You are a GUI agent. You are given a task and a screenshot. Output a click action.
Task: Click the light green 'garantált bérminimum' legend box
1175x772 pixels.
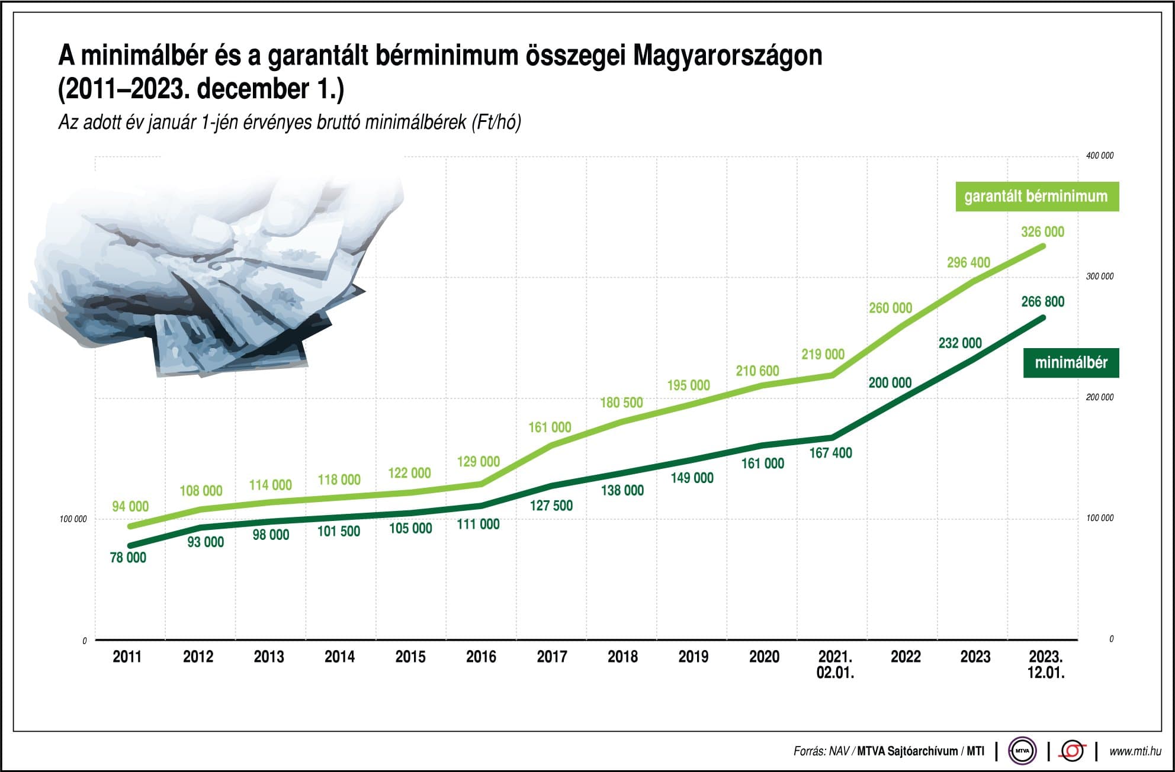[1036, 197]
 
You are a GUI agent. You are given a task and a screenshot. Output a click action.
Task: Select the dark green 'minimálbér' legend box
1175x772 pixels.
[1071, 362]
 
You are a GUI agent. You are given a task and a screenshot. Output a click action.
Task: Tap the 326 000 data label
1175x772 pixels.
[1042, 231]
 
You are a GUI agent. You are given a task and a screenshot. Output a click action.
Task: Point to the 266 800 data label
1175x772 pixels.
[1042, 301]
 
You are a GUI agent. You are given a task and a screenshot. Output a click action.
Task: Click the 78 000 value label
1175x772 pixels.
[128, 557]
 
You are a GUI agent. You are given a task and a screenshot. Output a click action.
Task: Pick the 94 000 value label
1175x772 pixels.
[130, 506]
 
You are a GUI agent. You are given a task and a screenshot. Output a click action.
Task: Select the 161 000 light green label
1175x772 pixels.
[550, 427]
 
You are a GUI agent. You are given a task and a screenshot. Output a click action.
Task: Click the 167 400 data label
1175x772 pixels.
[830, 453]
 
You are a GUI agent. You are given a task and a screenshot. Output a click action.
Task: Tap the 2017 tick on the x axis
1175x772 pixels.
[551, 657]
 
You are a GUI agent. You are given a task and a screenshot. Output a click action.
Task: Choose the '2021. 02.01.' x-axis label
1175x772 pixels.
[835, 664]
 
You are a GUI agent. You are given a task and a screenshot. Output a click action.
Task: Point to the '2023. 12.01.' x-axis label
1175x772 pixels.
[1046, 664]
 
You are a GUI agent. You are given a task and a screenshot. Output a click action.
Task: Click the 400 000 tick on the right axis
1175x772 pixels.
[1099, 156]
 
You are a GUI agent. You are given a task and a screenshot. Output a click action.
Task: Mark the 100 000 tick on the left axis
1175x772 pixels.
[73, 519]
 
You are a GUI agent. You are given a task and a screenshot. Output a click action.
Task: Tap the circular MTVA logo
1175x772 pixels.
[1022, 751]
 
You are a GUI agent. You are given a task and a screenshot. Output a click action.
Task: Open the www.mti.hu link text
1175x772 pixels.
[1135, 751]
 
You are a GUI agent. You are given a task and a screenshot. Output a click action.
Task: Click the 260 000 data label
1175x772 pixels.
[890, 308]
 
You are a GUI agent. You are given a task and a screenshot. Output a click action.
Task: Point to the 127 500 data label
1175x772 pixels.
[551, 505]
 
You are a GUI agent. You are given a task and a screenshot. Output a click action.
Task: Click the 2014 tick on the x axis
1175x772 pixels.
[339, 657]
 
